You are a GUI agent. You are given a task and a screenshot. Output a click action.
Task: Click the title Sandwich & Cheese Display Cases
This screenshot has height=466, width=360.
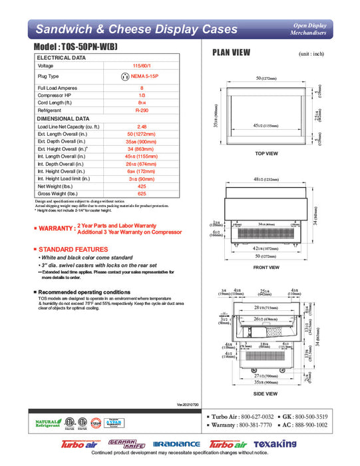click(x=136, y=29)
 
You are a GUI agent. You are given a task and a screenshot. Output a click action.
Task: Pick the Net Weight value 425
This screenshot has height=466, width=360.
click(x=142, y=186)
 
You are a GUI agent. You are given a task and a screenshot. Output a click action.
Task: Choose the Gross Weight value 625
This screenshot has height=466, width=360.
click(x=142, y=194)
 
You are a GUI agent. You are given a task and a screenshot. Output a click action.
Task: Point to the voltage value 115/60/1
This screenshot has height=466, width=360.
click(x=142, y=66)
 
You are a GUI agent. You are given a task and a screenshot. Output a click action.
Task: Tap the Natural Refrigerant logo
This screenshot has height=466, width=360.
click(x=46, y=423)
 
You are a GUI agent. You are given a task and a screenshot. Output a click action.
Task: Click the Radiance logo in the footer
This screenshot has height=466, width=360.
click(x=176, y=444)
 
